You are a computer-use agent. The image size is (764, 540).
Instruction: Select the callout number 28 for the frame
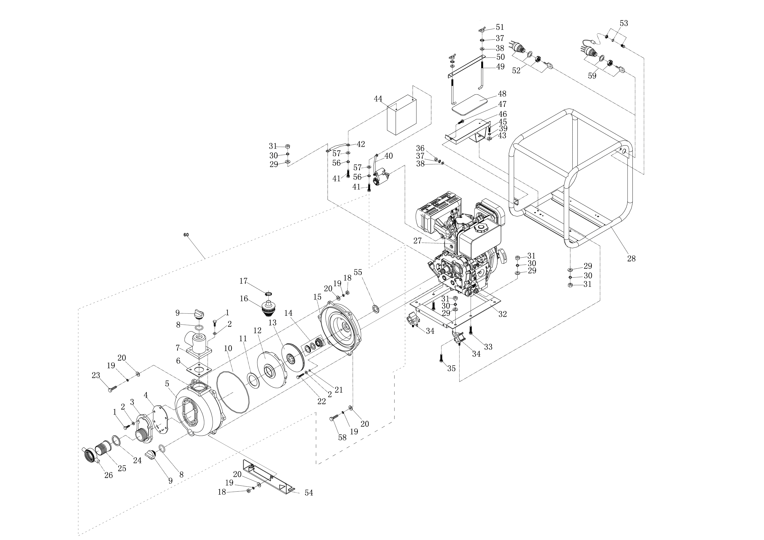tap(631, 258)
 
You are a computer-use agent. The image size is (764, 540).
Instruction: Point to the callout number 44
tap(378, 99)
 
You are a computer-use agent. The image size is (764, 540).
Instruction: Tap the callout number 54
tap(309, 493)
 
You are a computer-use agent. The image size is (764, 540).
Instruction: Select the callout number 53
tap(624, 23)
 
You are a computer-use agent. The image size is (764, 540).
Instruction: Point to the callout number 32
tap(502, 314)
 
